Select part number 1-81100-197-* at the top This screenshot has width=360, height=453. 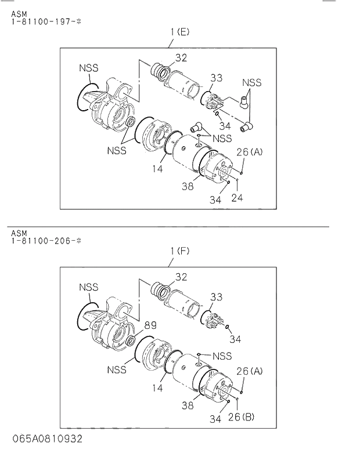39,21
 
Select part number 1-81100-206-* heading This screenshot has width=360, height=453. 39,240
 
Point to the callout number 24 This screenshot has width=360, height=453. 237,198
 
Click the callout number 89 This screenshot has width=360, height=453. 150,325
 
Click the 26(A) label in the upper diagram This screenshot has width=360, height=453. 250,152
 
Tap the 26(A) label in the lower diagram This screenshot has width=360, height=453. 250,371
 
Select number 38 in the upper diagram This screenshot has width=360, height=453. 187,186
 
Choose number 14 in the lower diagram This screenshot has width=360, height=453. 157,388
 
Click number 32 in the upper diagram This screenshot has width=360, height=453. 181,57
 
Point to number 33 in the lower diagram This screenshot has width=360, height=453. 216,297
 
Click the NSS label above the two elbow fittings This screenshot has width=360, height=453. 251,82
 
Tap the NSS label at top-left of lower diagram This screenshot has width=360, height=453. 89,287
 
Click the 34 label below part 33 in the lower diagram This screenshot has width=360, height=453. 235,339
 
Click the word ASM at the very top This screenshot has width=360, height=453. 17,12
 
